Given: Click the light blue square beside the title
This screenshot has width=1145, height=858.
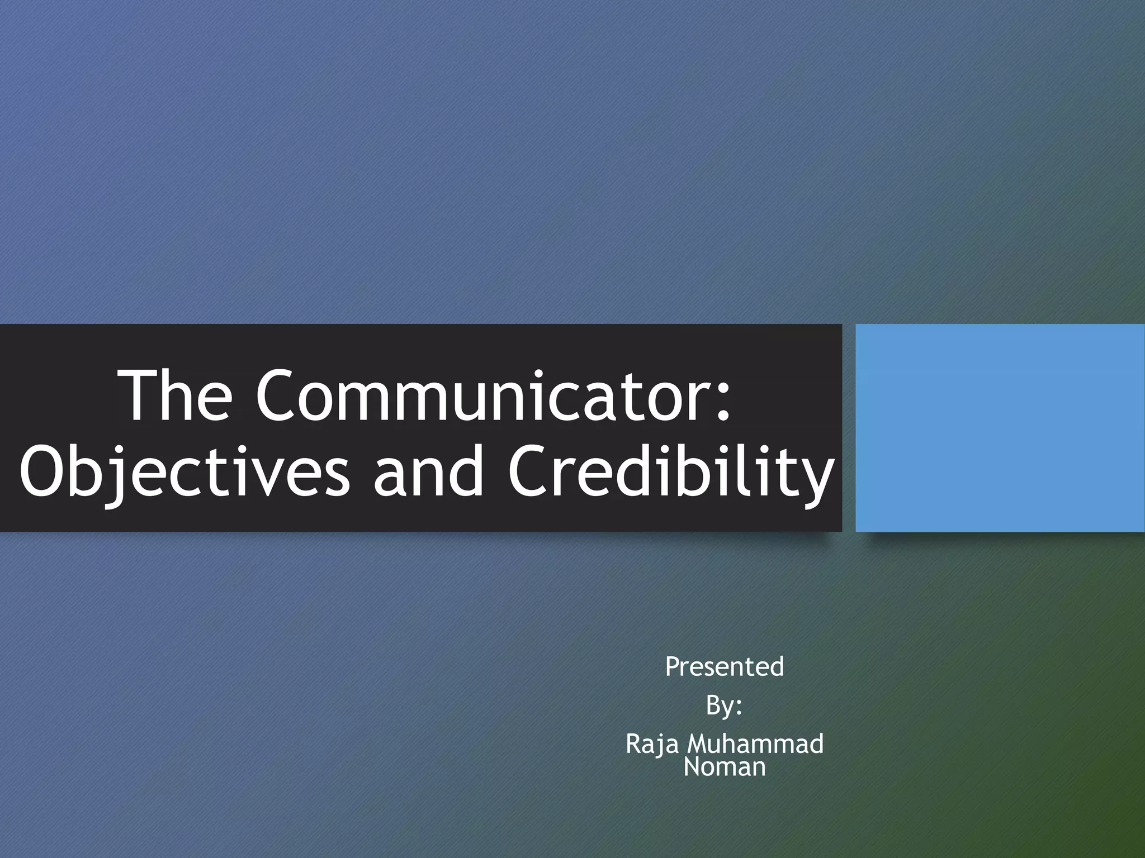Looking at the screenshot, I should [1000, 427].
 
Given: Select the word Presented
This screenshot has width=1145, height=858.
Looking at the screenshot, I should [725, 666].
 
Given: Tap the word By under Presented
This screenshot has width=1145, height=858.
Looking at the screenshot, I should [719, 706].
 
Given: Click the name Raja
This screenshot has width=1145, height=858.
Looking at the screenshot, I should [652, 744].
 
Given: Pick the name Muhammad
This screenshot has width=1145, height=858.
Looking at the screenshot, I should [755, 744].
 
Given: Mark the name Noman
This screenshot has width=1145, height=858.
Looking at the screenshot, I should [725, 767].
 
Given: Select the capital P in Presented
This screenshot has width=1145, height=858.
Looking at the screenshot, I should [673, 666].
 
